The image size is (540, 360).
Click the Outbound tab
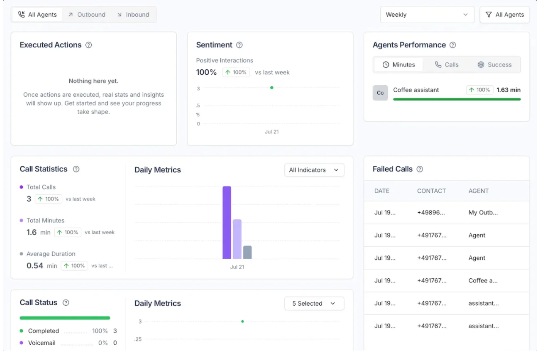[87, 15]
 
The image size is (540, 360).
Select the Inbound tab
[133, 15]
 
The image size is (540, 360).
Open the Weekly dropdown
[427, 15]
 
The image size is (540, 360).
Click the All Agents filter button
[505, 15]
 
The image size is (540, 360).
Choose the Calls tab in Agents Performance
[447, 65]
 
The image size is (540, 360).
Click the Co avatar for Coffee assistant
[380, 93]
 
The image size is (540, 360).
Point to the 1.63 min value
[508, 90]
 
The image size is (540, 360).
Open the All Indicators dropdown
[314, 170]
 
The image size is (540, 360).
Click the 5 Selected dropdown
[314, 303]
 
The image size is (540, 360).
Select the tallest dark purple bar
[227, 222]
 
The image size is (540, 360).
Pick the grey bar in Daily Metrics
[247, 252]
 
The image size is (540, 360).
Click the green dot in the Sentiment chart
[272, 88]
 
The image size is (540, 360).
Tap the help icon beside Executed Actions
[89, 45]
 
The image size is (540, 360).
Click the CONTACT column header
[431, 191]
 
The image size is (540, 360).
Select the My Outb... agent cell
[483, 213]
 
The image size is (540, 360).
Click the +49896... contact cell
[431, 213]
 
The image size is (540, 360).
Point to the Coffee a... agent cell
[483, 280]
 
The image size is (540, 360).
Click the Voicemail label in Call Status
[42, 343]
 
